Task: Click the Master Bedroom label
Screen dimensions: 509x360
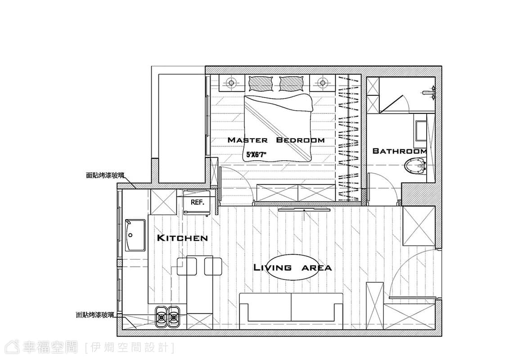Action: tap(276, 140)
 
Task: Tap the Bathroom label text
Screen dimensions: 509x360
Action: tap(400, 151)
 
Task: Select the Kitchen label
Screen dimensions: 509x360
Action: tap(182, 238)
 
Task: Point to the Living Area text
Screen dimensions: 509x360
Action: tap(293, 268)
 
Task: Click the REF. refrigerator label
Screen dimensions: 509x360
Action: tap(198, 202)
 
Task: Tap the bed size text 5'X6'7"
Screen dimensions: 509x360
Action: tap(257, 154)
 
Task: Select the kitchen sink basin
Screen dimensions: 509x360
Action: tap(135, 235)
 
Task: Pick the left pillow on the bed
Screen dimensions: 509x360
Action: tap(261, 83)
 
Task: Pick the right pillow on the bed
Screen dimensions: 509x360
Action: tap(292, 83)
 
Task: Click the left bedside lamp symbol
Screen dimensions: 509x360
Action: tap(231, 83)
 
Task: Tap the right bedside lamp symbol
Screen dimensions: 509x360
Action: tap(322, 83)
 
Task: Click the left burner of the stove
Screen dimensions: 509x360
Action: tap(160, 316)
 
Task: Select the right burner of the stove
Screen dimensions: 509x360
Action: tap(174, 316)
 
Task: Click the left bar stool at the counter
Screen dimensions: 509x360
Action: tap(187, 266)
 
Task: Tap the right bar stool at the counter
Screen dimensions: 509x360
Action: tap(213, 266)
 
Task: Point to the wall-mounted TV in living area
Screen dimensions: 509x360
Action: tap(304, 209)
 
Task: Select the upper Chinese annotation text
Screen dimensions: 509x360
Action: tap(105, 175)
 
